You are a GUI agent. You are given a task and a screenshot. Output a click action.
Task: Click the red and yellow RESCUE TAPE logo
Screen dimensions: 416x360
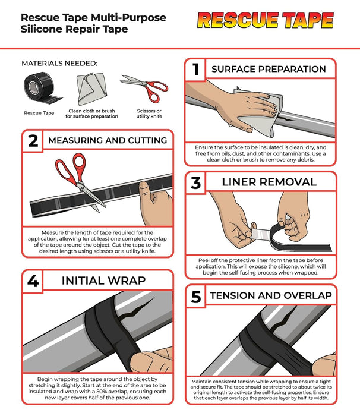(265, 21)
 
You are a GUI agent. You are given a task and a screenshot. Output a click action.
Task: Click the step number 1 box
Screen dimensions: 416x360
(195, 70)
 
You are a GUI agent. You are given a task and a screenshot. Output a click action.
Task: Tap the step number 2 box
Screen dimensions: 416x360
(33, 141)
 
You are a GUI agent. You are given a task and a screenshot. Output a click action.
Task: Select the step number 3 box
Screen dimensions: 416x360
(195, 183)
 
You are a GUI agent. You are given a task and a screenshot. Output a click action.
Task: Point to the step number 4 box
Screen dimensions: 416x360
(33, 281)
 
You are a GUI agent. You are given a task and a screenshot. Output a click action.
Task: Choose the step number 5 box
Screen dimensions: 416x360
(195, 296)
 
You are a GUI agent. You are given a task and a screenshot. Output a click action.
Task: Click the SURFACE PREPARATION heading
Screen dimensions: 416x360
(269, 70)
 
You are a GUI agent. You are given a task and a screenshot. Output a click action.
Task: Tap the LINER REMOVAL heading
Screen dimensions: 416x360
(269, 183)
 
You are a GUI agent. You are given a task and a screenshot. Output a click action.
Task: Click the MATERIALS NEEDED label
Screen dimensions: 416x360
(59, 64)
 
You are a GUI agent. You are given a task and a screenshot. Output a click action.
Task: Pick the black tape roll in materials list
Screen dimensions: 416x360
(39, 90)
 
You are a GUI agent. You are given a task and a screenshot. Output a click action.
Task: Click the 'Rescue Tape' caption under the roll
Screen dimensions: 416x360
(39, 112)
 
